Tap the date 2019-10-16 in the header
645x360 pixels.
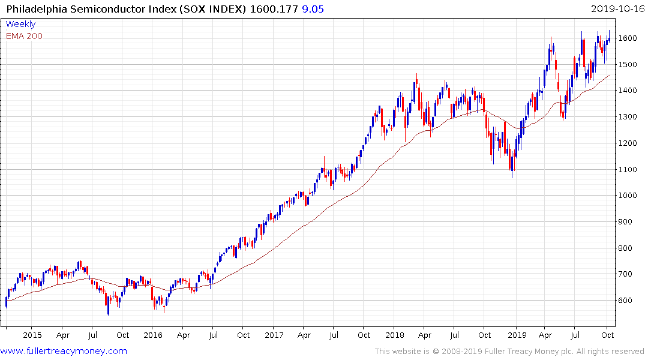coord(616,8)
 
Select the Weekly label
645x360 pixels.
coord(20,24)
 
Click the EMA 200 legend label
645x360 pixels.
coord(24,36)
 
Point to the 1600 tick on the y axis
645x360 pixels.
coord(628,38)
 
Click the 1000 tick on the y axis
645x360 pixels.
coord(628,196)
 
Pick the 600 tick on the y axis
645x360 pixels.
coord(626,301)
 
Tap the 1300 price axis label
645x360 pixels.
coord(628,117)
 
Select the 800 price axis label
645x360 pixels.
coord(626,248)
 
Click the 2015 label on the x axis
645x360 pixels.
coord(32,335)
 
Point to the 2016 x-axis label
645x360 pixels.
coord(153,335)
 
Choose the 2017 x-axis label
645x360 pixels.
coord(274,335)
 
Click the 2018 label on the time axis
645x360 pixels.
coord(395,335)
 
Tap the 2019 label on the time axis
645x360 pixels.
coord(517,335)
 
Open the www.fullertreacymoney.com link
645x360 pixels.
coord(64,351)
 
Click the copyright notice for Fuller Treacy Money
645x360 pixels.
coord(509,351)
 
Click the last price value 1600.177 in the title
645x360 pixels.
coord(274,8)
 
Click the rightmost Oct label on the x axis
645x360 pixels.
coord(607,335)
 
